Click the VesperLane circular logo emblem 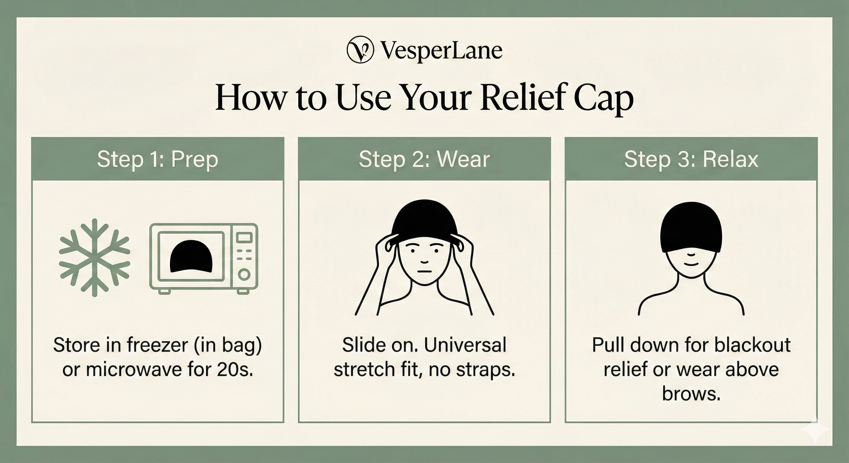coord(360,49)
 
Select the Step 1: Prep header coord(158,159)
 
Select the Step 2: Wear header coord(424,159)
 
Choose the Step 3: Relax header coord(691,159)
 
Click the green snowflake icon coord(95,257)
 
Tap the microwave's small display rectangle coord(244,237)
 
